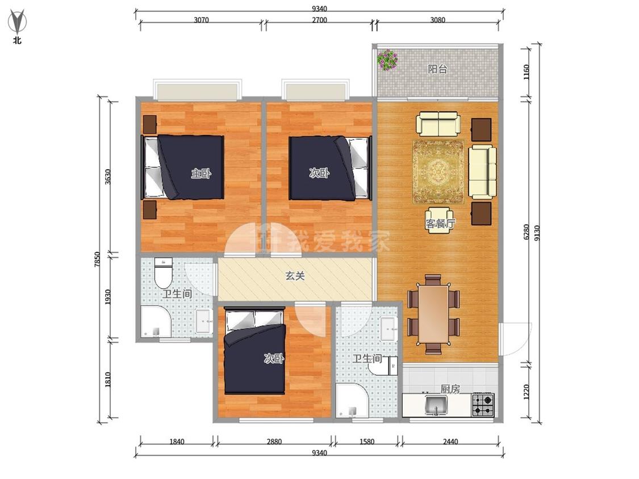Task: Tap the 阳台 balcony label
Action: [x=438, y=69]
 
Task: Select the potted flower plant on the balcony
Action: [x=387, y=60]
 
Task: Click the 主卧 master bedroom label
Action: [x=201, y=174]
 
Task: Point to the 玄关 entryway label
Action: [x=295, y=276]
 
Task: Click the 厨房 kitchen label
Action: [x=450, y=389]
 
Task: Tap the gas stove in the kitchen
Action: [x=483, y=405]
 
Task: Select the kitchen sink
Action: [x=436, y=405]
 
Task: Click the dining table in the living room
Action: [x=433, y=314]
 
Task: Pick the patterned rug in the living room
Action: [x=438, y=172]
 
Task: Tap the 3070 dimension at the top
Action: [x=201, y=19]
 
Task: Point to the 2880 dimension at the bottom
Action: [x=274, y=441]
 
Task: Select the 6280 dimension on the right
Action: [x=526, y=232]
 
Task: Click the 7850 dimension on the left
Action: [x=97, y=259]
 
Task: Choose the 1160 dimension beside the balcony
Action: [x=526, y=72]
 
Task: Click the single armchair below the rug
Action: [x=439, y=220]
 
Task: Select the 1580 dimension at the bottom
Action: [x=366, y=441]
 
